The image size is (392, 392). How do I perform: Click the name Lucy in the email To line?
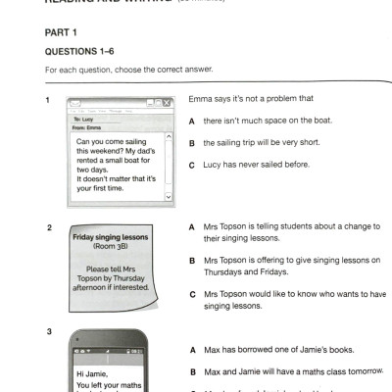tap(91, 120)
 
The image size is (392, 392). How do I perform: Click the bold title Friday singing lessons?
tap(110, 236)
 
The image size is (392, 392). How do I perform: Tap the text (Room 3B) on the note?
tap(110, 246)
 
